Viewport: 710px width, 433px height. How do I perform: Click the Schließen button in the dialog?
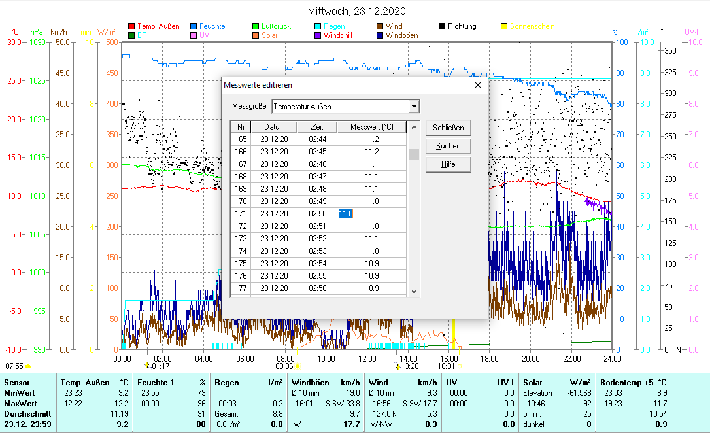tap(448, 128)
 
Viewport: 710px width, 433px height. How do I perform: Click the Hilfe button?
tap(448, 164)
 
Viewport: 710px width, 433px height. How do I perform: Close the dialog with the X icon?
tap(477, 85)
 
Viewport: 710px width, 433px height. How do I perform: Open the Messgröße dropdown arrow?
tap(413, 107)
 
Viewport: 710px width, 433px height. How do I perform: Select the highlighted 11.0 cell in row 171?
tap(346, 214)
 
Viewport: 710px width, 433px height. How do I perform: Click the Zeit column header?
tap(317, 127)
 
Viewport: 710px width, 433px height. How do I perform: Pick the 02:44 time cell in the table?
tap(317, 139)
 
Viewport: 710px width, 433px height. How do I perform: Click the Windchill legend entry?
tap(337, 35)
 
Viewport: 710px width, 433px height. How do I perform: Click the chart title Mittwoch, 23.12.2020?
tap(356, 12)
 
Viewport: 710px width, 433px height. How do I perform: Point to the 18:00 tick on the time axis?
tap(490, 358)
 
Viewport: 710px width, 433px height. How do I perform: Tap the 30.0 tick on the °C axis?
tap(14, 43)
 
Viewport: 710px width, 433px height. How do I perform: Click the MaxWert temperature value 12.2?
tap(122, 404)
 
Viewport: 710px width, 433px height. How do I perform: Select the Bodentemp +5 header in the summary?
tap(634, 383)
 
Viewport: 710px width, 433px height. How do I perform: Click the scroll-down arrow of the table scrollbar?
tap(414, 292)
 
